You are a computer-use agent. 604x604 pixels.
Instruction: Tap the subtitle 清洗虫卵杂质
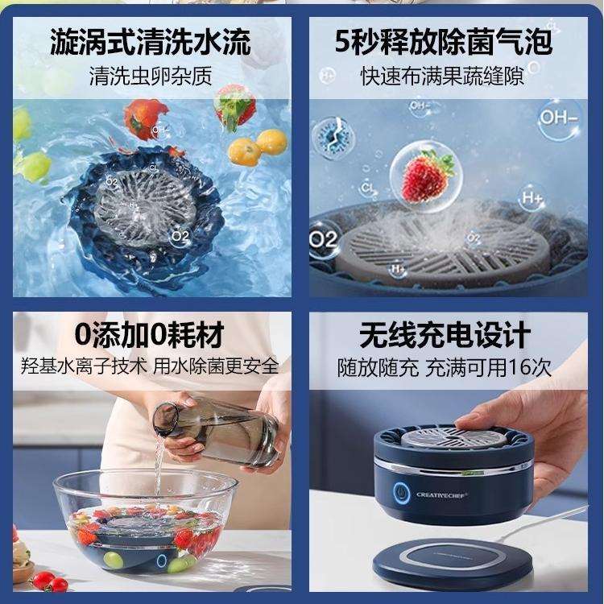click(151, 77)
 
